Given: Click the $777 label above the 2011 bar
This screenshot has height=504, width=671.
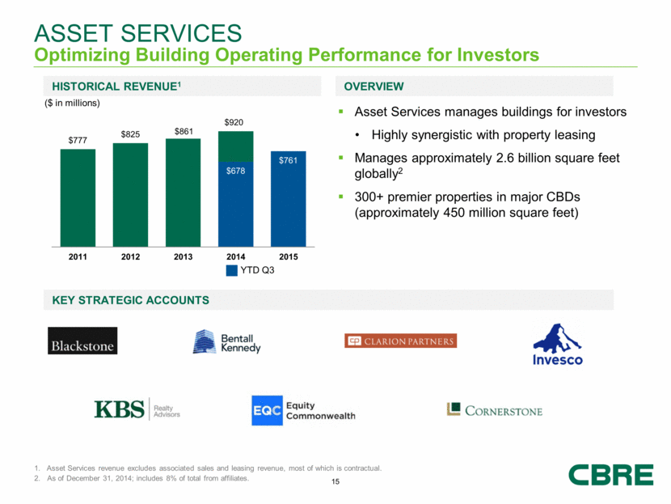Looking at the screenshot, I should [x=78, y=141].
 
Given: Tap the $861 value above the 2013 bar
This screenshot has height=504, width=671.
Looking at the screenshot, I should [x=183, y=131].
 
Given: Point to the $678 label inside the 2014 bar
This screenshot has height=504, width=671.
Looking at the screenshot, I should [x=235, y=171].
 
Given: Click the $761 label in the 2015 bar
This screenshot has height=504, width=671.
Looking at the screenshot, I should [x=288, y=161].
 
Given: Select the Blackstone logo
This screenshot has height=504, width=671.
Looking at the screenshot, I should [x=82, y=341].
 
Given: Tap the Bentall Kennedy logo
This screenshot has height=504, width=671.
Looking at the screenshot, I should [x=226, y=341].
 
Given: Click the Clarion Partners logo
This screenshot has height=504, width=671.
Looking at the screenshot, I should [x=400, y=341].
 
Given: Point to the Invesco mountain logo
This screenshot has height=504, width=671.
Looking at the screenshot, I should [x=557, y=344].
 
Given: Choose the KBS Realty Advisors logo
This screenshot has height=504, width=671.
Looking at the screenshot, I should [x=137, y=409].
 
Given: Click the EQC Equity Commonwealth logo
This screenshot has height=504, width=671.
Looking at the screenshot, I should [x=302, y=410].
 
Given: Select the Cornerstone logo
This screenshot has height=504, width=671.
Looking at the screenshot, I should [x=494, y=410].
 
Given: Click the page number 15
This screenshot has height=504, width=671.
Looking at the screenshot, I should [x=335, y=483].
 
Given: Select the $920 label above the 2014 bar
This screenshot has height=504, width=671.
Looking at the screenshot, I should [x=235, y=122].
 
